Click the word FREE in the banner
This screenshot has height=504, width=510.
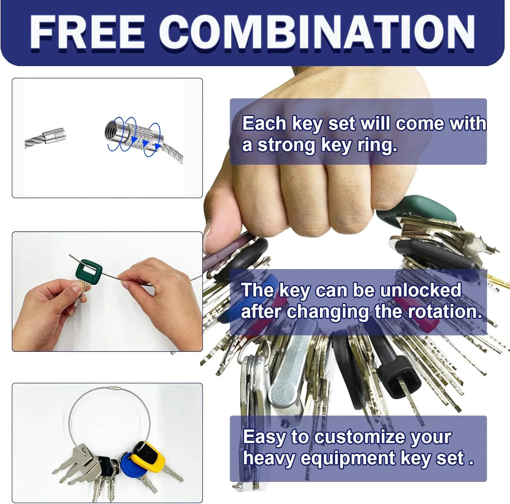(87, 33)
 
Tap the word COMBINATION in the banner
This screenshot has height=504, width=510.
(317, 33)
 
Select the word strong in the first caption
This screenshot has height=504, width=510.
(286, 145)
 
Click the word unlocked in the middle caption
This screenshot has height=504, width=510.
(421, 290)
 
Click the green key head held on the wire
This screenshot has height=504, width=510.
(89, 270)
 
